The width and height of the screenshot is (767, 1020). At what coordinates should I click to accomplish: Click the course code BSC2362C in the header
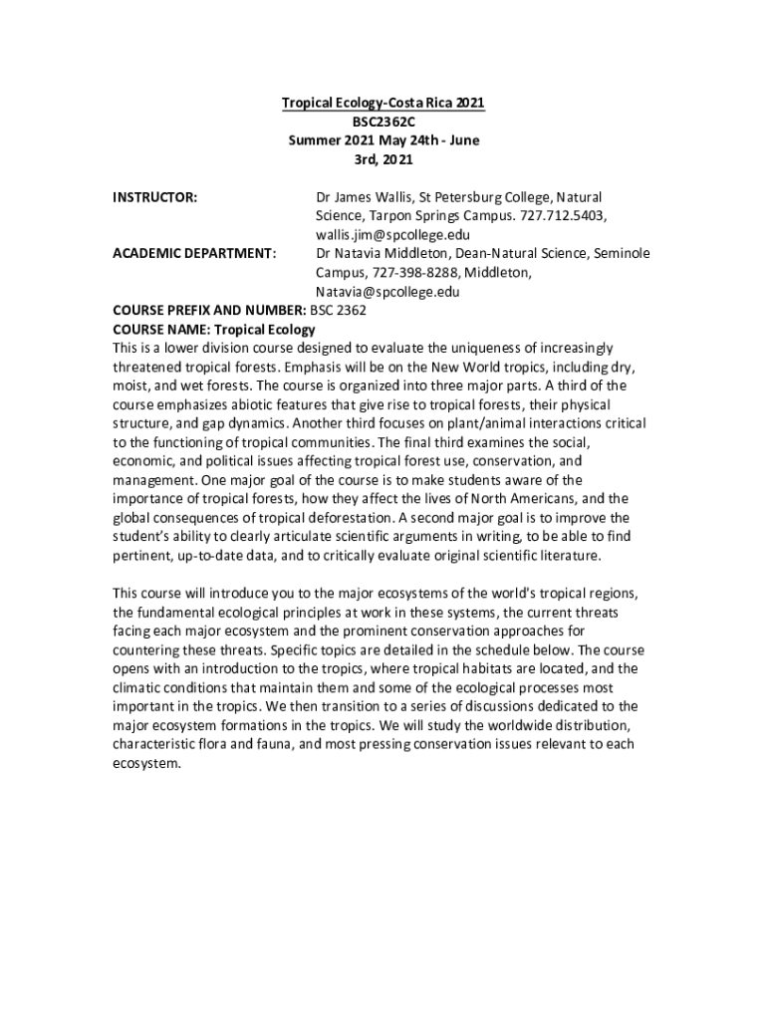point(383,122)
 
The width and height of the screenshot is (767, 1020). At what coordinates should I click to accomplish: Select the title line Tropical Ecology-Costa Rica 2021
point(383,103)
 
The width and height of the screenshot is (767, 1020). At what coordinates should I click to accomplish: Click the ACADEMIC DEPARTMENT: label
point(194,254)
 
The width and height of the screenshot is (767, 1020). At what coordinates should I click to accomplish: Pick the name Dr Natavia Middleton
point(381,254)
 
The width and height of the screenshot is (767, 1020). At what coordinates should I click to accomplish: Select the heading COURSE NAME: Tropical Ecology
point(214,329)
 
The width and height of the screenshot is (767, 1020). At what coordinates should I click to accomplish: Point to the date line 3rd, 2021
point(383,159)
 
